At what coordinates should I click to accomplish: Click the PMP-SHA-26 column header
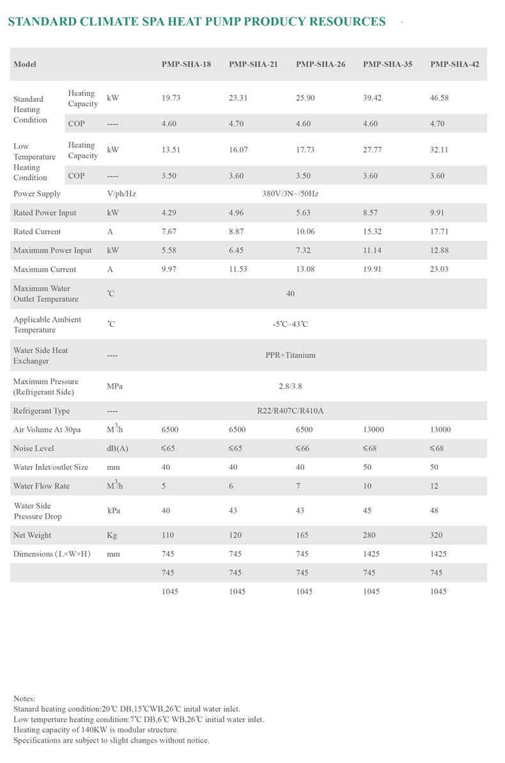click(320, 64)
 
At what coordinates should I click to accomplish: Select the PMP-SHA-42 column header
click(454, 64)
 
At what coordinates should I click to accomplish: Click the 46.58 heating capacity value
click(441, 98)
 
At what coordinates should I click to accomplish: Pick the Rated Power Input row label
click(45, 213)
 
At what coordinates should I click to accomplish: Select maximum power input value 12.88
click(441, 250)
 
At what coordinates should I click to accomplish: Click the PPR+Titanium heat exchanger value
click(291, 355)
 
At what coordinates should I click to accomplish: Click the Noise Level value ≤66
click(305, 448)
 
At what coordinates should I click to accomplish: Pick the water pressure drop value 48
click(435, 511)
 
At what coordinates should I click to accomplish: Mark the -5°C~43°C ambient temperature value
click(291, 324)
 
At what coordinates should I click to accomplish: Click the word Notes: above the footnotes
click(24, 699)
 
